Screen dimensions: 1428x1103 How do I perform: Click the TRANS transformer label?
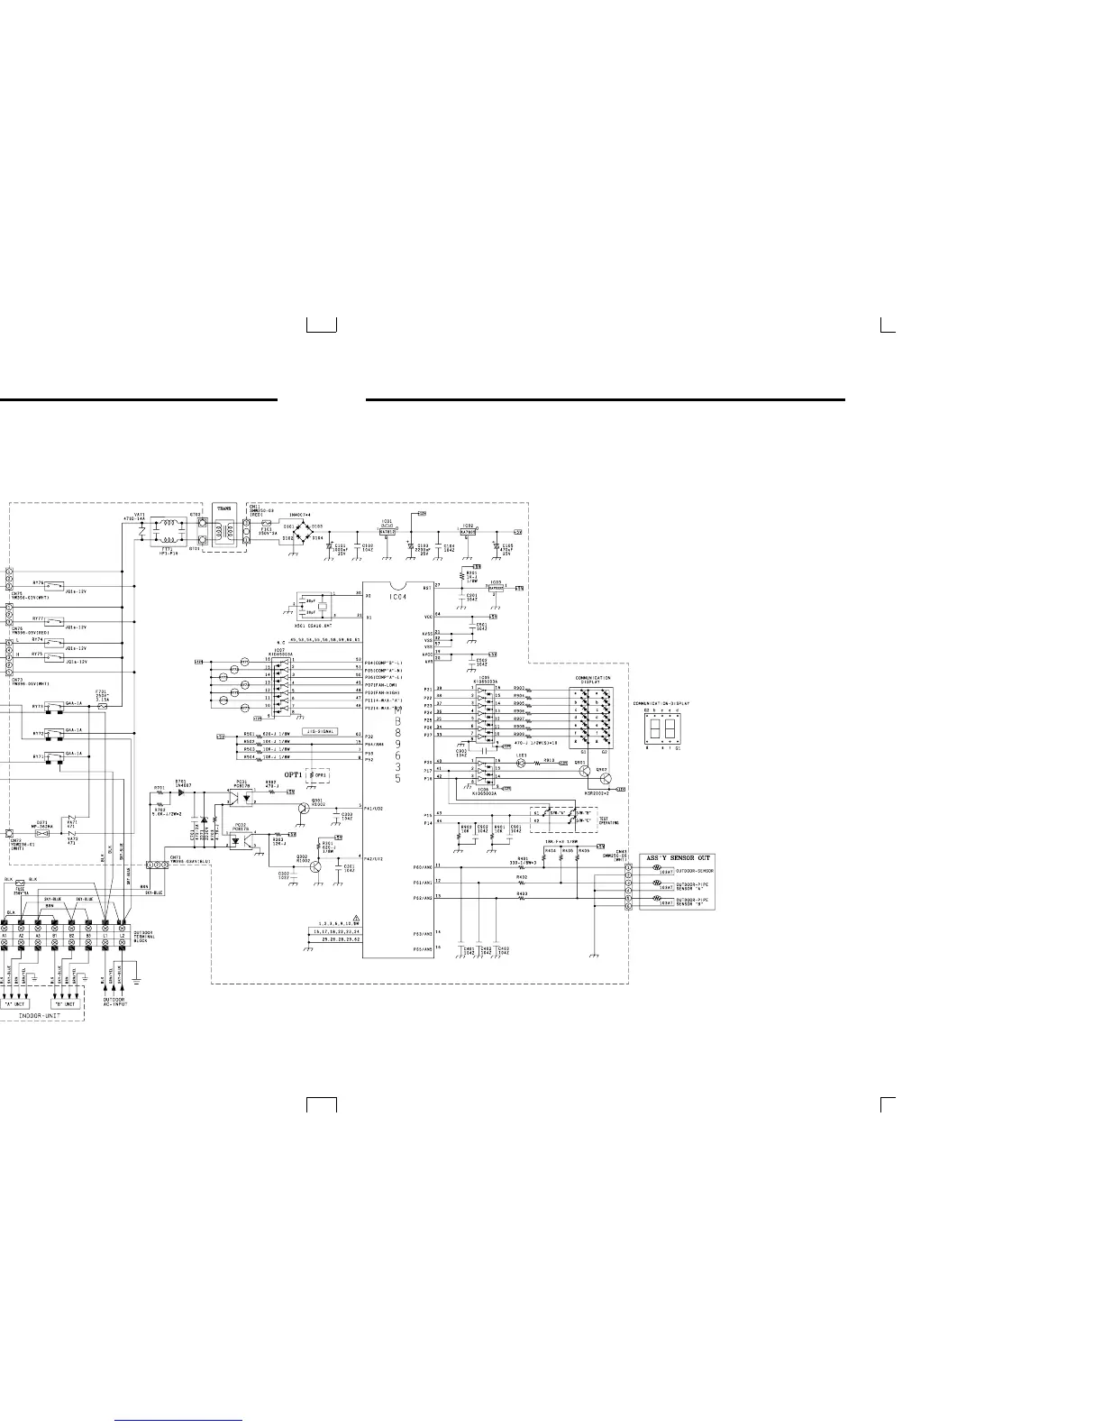(x=224, y=509)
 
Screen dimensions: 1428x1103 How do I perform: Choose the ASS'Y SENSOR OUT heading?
(x=678, y=857)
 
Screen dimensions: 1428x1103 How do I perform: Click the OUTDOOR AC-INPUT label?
(x=114, y=1002)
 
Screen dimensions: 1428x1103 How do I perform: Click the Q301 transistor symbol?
(x=305, y=810)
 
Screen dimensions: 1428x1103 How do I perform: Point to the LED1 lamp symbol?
(x=520, y=762)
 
